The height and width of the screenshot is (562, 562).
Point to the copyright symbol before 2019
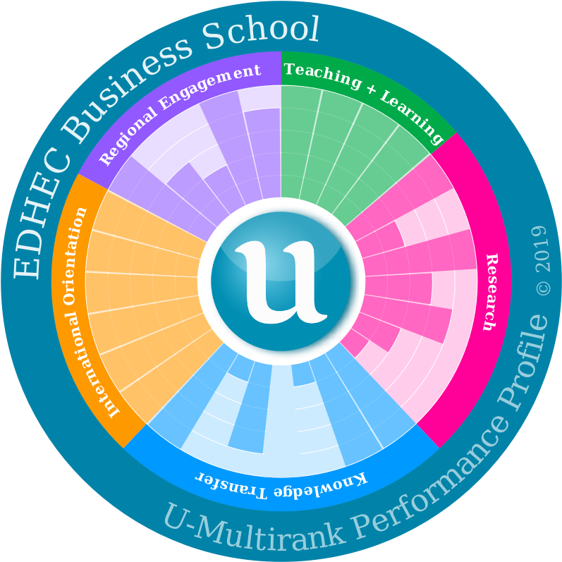542,288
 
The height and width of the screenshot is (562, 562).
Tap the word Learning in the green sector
413,116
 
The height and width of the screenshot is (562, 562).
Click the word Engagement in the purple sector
212,83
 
